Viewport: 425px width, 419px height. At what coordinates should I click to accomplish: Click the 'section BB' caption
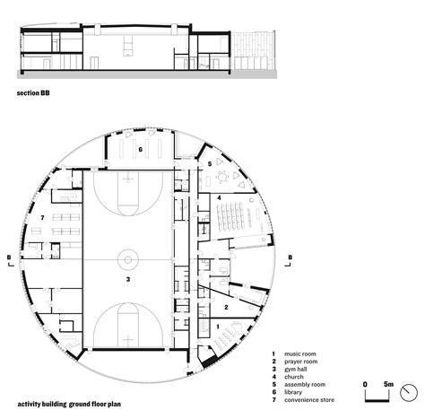[33, 93]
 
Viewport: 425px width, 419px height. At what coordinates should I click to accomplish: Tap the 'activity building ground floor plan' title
[69, 404]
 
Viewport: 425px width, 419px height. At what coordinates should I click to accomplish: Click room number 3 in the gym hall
[128, 279]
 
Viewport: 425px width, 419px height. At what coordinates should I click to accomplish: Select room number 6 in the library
[140, 149]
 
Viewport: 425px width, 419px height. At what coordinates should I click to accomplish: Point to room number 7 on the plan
[42, 218]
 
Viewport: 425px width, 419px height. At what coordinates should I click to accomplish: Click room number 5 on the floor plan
[210, 164]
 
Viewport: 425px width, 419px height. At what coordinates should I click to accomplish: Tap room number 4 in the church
[219, 197]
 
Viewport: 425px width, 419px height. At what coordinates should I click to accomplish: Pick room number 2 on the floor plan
[226, 307]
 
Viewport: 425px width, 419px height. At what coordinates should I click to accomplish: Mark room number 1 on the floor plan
[218, 327]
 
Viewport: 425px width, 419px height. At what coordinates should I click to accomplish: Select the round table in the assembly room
[222, 178]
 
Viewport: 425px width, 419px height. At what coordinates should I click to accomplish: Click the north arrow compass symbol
[409, 393]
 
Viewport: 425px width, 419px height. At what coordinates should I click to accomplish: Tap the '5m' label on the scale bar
[388, 384]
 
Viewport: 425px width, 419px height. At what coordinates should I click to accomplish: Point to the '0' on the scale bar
[365, 384]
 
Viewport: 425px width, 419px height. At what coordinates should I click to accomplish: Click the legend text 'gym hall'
[296, 370]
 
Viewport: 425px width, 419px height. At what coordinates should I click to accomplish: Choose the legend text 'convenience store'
[309, 400]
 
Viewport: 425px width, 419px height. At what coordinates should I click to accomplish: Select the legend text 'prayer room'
[301, 362]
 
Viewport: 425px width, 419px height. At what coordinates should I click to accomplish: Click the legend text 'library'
[293, 392]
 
